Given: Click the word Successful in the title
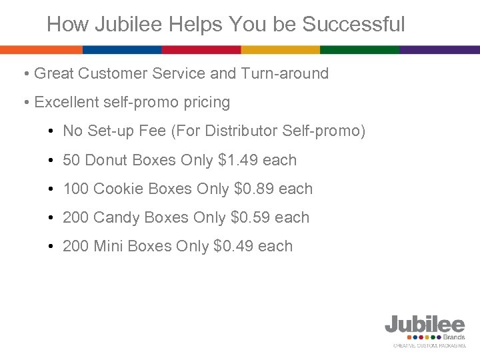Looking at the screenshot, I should point(353,25).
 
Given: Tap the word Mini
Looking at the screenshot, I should point(109,246).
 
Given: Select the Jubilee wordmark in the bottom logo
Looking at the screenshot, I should point(425,325).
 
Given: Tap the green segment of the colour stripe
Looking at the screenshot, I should point(360,50).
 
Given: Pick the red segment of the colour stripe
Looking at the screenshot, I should point(201,50).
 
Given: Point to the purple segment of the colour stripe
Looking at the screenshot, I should point(440,50).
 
